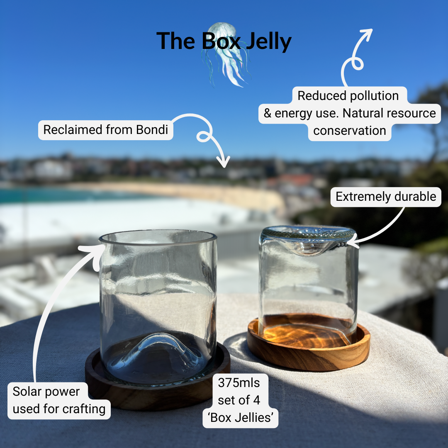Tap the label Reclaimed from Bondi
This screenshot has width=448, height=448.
pyautogui.click(x=105, y=130)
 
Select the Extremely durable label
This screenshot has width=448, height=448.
pyautogui.click(x=386, y=196)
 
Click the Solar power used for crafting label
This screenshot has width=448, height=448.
pyautogui.click(x=59, y=400)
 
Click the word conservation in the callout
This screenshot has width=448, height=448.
pyautogui.click(x=350, y=131)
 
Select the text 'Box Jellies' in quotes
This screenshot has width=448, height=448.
pyautogui.click(x=240, y=418)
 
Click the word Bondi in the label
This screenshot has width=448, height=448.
pyautogui.click(x=152, y=130)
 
